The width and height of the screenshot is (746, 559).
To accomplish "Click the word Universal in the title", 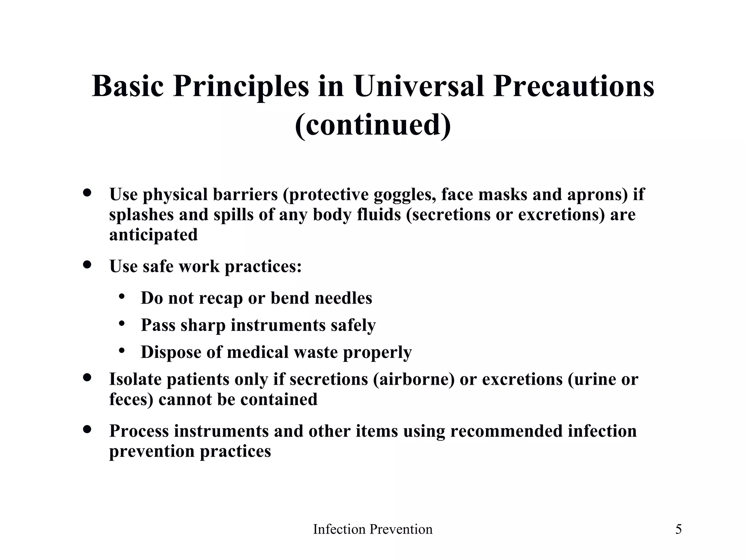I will pos(419,87).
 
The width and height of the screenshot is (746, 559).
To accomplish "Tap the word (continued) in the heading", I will pos(373,125).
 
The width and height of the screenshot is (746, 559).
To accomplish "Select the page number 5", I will pos(678,529).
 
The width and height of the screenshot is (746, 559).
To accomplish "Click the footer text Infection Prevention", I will pos(373,529).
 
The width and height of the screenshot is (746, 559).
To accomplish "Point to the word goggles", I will pos(405,195).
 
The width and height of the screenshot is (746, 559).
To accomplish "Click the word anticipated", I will pos(153,235).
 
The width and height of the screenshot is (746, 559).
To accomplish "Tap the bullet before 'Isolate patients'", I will pos(87,377).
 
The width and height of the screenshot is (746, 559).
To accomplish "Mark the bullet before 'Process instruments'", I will pos(87,429).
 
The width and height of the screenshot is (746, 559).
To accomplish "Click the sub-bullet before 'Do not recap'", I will pos(122,297).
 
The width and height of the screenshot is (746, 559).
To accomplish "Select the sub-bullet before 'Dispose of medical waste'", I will pos(122,350).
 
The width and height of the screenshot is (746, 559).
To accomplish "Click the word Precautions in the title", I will pos(573,87).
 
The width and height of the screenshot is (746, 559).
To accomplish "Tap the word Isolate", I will pos(135,379).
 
